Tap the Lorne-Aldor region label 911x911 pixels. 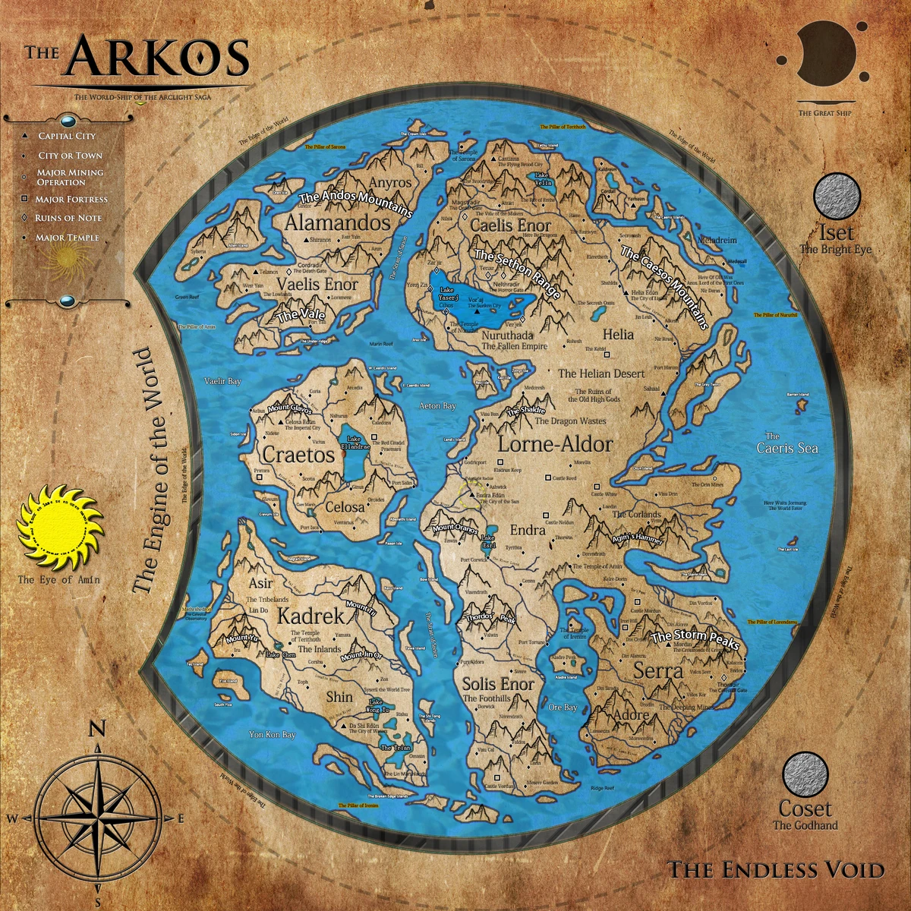pyautogui.click(x=555, y=444)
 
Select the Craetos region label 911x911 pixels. pyautogui.click(x=298, y=454)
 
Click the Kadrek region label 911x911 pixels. pyautogui.click(x=310, y=616)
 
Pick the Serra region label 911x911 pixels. pyautogui.click(x=658, y=671)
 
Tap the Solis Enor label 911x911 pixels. pyautogui.click(x=499, y=684)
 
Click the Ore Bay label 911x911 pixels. pyautogui.click(x=563, y=708)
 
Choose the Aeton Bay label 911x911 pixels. pyautogui.click(x=438, y=406)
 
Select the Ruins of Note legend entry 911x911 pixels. pyautogui.click(x=68, y=218)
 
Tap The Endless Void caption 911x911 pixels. pyautogui.click(x=776, y=869)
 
